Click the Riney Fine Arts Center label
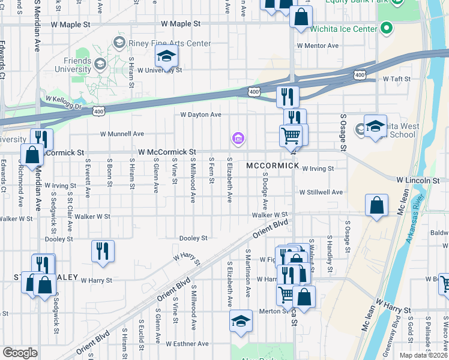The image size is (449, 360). [x=171, y=43]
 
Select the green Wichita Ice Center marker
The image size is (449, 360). [x=386, y=28]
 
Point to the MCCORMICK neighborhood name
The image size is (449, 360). [x=272, y=165]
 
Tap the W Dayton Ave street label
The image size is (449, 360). [x=201, y=115]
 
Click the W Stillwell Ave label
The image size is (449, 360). [x=321, y=192]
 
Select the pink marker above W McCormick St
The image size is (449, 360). [x=238, y=139]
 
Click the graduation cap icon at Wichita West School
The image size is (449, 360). [x=375, y=127]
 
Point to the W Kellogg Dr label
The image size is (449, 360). [x=62, y=102]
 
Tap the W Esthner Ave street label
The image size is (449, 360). [x=187, y=344]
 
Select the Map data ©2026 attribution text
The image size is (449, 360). [x=424, y=355]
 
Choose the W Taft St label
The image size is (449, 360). [x=396, y=79]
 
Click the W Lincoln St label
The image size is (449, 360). [x=418, y=180]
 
